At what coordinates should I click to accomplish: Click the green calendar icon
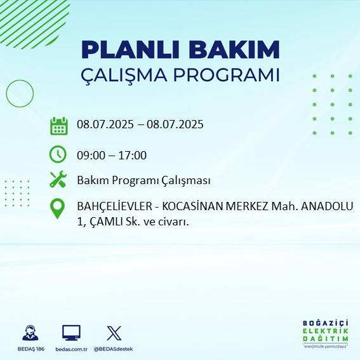(58, 126)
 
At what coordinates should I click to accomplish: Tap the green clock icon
(58, 154)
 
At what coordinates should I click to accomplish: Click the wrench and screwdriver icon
(58, 180)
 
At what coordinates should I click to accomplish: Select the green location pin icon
(58, 208)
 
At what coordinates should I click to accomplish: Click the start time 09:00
(90, 156)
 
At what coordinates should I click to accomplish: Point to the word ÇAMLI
(104, 222)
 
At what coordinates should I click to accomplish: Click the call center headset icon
(29, 333)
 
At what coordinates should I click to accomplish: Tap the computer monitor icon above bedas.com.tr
(71, 333)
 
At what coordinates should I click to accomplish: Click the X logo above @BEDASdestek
(114, 333)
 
